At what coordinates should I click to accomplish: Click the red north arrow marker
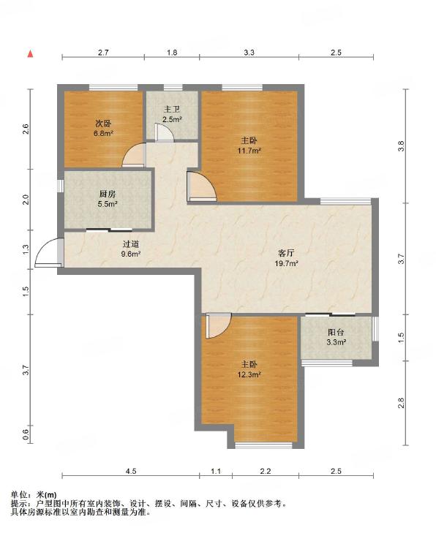(30, 53)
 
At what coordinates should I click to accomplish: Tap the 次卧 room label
(103, 124)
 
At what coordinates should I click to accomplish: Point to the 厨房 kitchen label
(108, 194)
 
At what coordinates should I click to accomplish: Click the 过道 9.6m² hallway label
(131, 249)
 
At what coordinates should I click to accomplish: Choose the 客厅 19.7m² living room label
(286, 257)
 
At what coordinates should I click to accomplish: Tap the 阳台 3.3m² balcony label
(336, 337)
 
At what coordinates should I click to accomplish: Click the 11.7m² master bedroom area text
(249, 151)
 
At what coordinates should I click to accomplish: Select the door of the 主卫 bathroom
(165, 132)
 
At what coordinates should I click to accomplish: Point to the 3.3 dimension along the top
(249, 53)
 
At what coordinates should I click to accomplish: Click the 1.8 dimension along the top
(172, 53)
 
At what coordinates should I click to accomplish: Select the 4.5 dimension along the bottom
(131, 471)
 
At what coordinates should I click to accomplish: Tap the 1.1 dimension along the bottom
(216, 471)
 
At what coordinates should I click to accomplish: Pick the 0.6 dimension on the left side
(26, 434)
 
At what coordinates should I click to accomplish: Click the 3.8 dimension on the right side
(402, 145)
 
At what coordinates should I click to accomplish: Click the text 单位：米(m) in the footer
(34, 495)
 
